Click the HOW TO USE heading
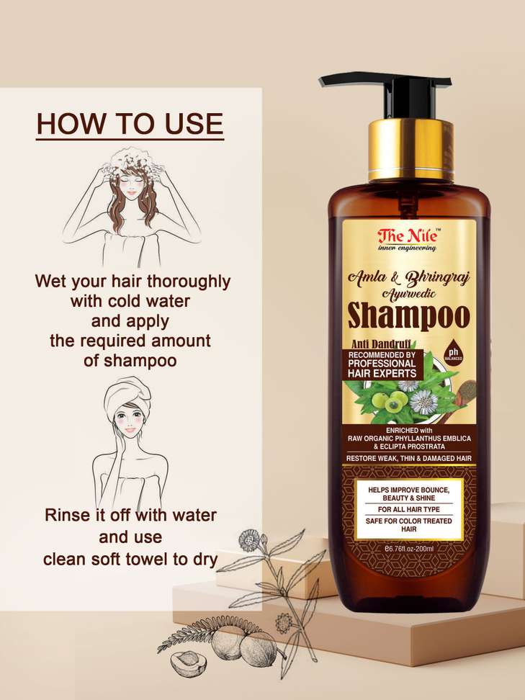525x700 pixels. (x=130, y=124)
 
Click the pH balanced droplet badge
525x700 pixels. (x=454, y=355)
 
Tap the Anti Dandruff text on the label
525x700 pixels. (x=380, y=344)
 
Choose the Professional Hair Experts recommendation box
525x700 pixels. (x=382, y=364)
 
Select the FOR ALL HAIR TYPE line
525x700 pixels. (x=409, y=509)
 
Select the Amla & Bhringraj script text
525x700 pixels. (x=409, y=278)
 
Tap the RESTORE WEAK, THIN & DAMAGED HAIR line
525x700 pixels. (x=409, y=458)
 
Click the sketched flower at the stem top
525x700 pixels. (x=249, y=540)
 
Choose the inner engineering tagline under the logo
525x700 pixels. (x=407, y=248)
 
